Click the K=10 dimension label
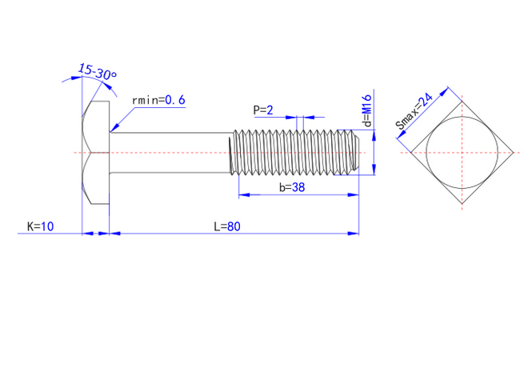[x=40, y=226]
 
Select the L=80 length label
[x=227, y=226]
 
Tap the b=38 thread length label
[x=294, y=187]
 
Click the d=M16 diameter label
[x=366, y=111]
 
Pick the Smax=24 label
[x=414, y=111]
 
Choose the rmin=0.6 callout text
[x=158, y=100]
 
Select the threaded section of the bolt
[x=292, y=152]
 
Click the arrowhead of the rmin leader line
[x=114, y=129]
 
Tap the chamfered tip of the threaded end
[x=354, y=152]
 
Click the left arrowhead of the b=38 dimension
[x=238, y=194]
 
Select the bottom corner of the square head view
[x=462, y=205]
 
